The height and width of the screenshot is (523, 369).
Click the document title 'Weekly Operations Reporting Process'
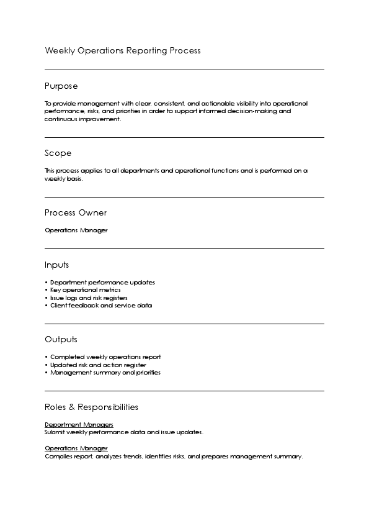[122, 51]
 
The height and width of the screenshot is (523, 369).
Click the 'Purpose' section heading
[61, 86]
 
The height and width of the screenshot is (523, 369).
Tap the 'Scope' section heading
[58, 153]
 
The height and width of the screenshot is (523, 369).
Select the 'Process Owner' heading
[76, 213]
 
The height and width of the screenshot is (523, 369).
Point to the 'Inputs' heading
[56, 265]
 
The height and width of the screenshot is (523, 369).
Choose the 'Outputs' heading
[61, 340]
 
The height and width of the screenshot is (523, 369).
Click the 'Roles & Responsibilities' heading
[91, 407]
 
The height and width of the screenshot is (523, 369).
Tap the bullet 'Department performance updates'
[102, 283]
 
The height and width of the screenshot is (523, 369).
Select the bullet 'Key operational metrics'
[85, 290]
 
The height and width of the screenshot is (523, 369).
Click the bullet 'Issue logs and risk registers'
[89, 298]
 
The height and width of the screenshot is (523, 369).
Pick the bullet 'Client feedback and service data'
[100, 306]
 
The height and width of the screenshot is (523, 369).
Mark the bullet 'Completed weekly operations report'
[105, 357]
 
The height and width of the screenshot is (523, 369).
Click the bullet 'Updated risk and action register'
[98, 365]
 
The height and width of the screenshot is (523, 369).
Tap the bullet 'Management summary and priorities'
[105, 373]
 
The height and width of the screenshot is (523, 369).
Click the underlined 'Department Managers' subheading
[79, 425]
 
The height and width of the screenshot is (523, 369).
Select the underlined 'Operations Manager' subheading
[76, 448]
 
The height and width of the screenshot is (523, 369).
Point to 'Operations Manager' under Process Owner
[76, 230]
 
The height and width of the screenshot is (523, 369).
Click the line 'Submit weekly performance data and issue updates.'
[123, 432]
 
